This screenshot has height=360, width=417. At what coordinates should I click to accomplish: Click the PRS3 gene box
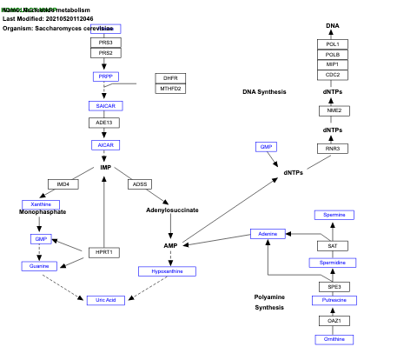point(105,42)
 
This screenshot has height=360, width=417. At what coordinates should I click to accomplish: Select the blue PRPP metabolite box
point(105,77)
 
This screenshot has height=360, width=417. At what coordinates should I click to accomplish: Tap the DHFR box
point(170,78)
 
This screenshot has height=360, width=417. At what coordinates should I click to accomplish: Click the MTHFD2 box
point(170,89)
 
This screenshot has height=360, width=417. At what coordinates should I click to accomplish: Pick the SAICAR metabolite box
point(105,105)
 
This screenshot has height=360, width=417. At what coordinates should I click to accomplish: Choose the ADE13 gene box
point(105,123)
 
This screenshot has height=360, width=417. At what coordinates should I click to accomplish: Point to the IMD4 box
point(63,184)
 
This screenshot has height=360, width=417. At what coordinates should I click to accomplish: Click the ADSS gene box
point(139,184)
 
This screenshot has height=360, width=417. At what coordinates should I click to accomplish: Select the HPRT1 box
point(104,252)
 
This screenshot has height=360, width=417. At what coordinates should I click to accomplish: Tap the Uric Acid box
point(105,300)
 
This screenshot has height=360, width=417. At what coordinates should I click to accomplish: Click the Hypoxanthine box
point(167,271)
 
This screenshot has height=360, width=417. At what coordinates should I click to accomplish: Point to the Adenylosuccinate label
point(172,210)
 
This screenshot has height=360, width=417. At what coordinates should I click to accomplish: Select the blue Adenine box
point(268,234)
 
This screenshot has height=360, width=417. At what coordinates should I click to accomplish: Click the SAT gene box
point(333,246)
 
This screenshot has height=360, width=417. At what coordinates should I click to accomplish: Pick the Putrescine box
point(334,300)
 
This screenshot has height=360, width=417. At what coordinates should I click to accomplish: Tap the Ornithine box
point(334,339)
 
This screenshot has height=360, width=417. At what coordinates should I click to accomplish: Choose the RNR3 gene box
point(333,149)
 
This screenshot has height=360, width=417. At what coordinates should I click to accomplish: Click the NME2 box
point(333,110)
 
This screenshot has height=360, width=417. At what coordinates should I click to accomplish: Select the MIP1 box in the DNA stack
point(333,64)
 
